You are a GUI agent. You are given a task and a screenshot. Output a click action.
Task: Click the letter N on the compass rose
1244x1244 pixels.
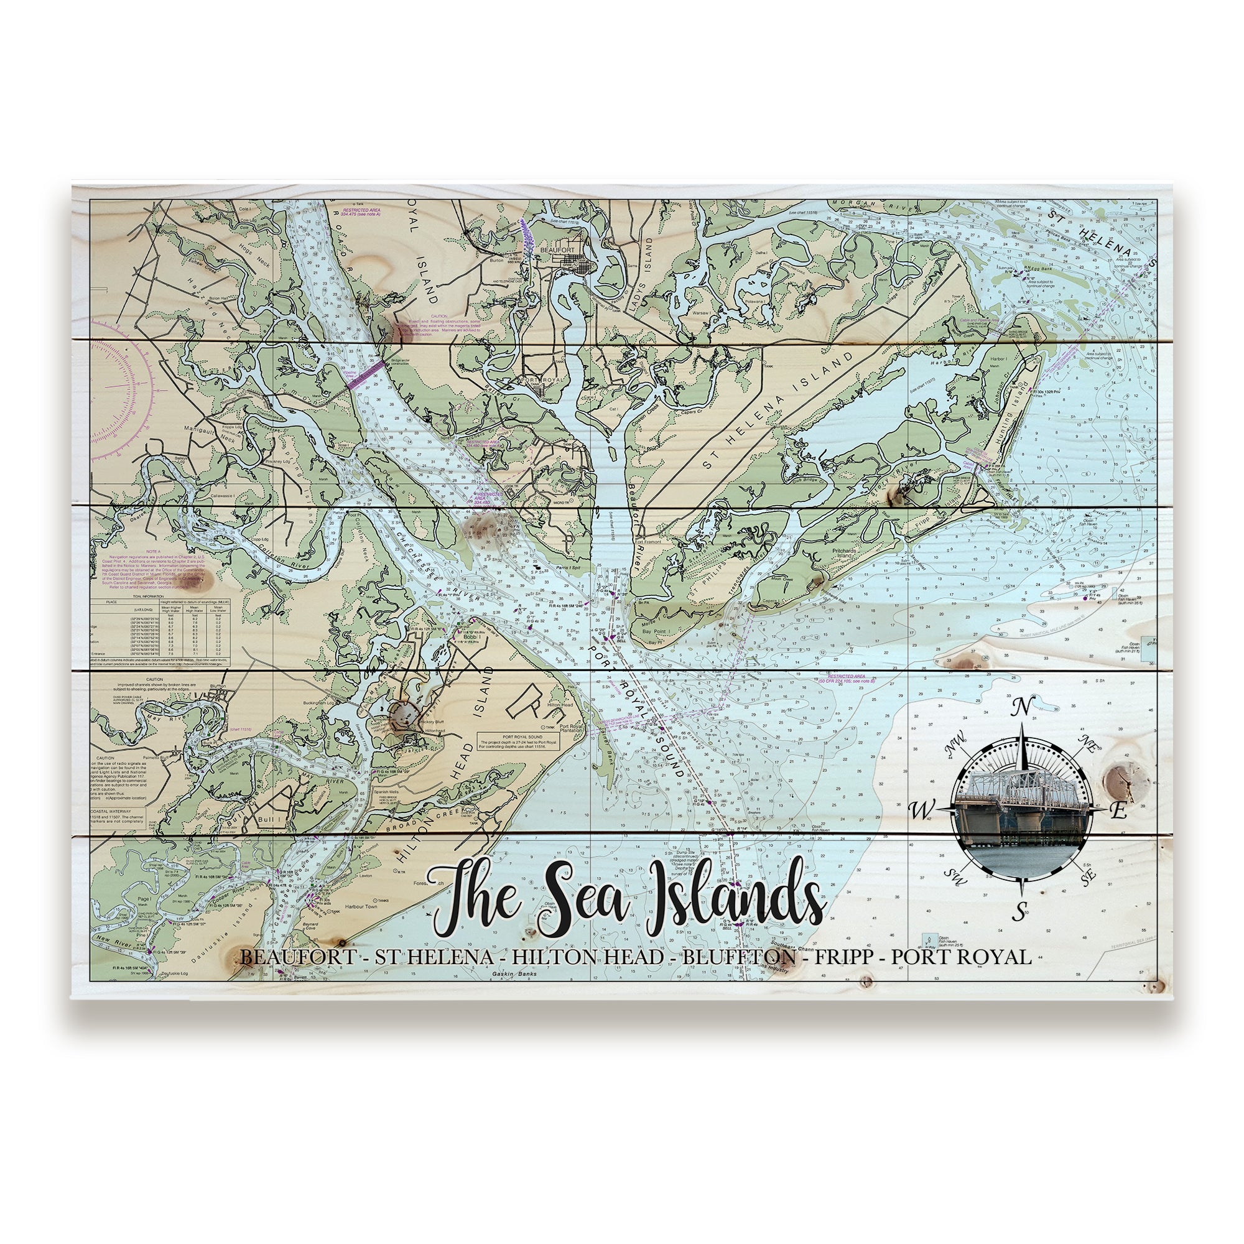[1020, 707]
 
